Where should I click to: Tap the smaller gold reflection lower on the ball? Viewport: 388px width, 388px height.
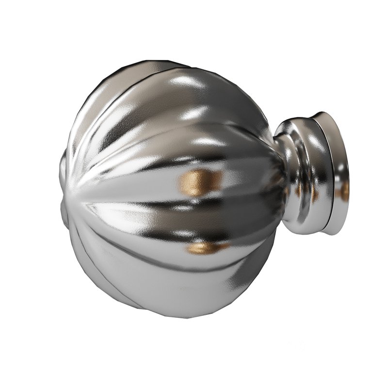tap(204, 248)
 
